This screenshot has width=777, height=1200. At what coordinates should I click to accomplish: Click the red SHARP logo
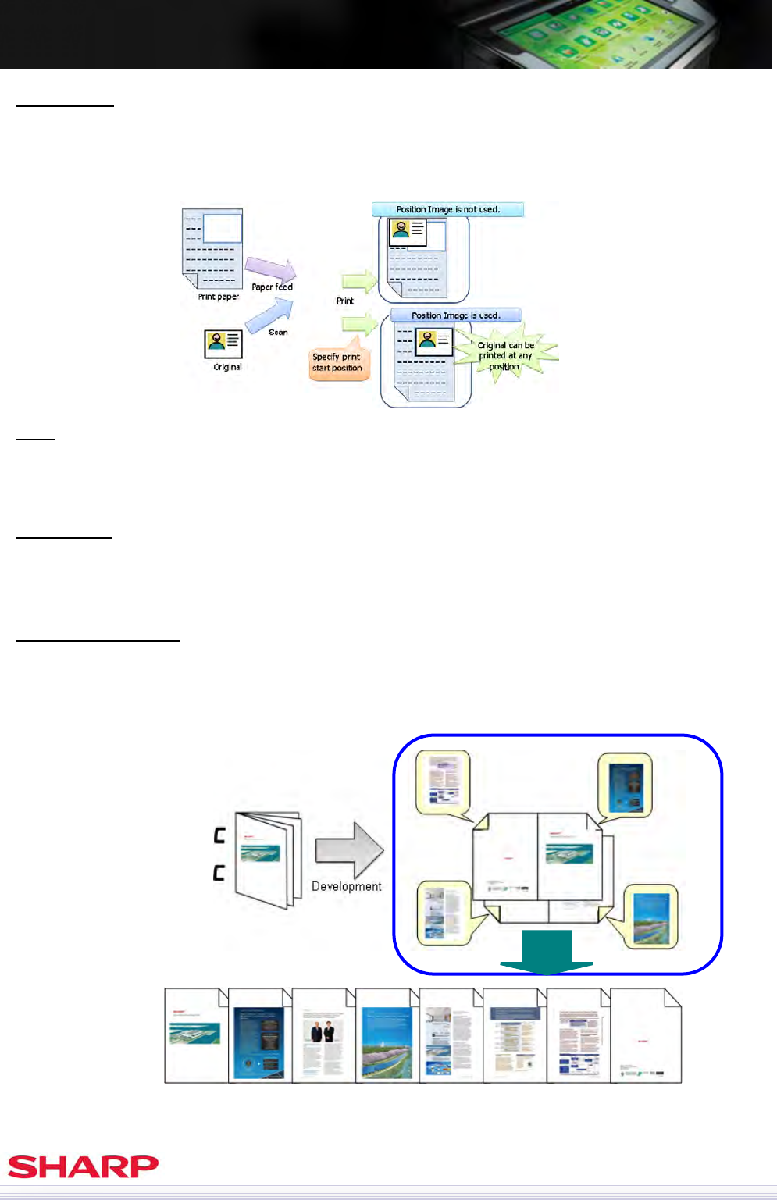tap(83, 1166)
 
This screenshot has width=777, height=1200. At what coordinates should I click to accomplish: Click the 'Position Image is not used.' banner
tap(447, 209)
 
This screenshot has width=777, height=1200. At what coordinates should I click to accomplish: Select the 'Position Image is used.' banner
tap(455, 315)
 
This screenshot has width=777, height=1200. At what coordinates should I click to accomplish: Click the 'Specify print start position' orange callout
tap(337, 363)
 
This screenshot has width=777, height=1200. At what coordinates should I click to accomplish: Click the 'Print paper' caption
tap(219, 297)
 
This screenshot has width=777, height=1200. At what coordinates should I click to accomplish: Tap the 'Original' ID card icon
tap(223, 344)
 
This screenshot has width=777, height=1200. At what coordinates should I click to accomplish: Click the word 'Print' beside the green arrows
tap(345, 301)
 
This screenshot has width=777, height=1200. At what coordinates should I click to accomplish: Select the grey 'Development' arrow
tap(348, 850)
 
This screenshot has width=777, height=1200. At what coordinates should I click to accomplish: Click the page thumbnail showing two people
tap(323, 1036)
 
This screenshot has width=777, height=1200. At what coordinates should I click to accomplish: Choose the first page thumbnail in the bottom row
tap(195, 1036)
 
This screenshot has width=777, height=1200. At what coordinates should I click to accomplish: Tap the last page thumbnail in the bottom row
tap(645, 1036)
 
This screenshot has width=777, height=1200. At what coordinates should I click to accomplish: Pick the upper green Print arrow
tap(359, 281)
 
